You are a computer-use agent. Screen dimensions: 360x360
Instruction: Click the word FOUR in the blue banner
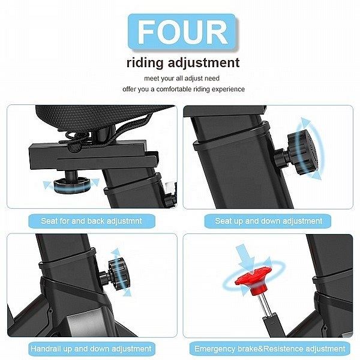coord(182,32)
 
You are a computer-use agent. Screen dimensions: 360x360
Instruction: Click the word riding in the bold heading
coord(145,62)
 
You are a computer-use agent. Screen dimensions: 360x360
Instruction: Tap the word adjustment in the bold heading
coord(203,62)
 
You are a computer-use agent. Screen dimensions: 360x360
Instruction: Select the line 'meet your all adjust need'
coord(182,78)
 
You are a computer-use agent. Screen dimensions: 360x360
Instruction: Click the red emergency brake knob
coord(253,280)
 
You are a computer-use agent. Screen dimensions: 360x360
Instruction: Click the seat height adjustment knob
coord(301,152)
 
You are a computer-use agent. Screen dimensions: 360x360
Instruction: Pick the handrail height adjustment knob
coord(117,274)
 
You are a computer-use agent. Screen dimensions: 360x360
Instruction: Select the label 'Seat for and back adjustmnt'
coord(92,221)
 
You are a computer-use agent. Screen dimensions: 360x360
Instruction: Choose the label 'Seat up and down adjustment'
coord(268,221)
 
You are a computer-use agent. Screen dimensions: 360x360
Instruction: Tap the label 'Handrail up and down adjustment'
coord(91,349)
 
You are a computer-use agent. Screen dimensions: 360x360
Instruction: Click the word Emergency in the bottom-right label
coord(215,349)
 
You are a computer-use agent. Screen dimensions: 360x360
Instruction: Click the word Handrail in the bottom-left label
coord(46,349)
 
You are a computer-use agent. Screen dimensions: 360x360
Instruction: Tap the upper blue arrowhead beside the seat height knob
coord(305,121)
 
